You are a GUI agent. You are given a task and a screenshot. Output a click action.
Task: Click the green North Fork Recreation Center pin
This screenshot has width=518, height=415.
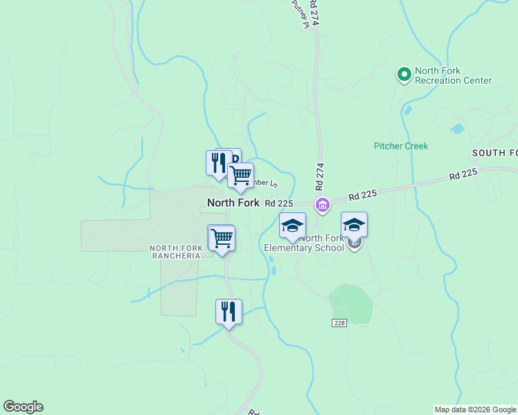click(404, 74)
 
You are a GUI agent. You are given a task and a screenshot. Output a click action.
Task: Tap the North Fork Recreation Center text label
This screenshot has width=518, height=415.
click(453, 76)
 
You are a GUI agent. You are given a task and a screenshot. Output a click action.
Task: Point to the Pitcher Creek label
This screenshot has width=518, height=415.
click(401, 146)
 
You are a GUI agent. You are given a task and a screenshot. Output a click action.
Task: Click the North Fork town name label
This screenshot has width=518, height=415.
click(233, 203)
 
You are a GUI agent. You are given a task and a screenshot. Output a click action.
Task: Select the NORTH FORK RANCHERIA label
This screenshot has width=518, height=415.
click(176, 252)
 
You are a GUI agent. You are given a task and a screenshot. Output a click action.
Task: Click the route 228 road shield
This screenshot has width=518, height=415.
click(338, 323)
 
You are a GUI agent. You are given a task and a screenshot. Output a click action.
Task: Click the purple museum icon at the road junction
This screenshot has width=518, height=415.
click(322, 205)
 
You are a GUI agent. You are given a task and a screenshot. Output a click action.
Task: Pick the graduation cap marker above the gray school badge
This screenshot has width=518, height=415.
click(354, 224)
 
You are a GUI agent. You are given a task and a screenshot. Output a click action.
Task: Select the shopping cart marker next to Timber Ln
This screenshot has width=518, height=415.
click(240, 175)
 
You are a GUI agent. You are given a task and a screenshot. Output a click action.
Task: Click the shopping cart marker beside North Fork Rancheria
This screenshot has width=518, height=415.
click(222, 238)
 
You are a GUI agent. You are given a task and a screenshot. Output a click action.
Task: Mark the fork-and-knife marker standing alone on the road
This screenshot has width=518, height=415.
click(228, 311)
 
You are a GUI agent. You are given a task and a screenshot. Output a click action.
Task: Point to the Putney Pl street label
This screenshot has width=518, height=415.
click(298, 14)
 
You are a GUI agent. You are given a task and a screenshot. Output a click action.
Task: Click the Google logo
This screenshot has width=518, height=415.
click(23, 407)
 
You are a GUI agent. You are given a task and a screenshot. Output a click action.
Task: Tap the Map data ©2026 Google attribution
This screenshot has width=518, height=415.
click(475, 409)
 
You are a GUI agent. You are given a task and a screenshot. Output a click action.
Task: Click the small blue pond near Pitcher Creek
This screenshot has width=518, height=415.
click(457, 129)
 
